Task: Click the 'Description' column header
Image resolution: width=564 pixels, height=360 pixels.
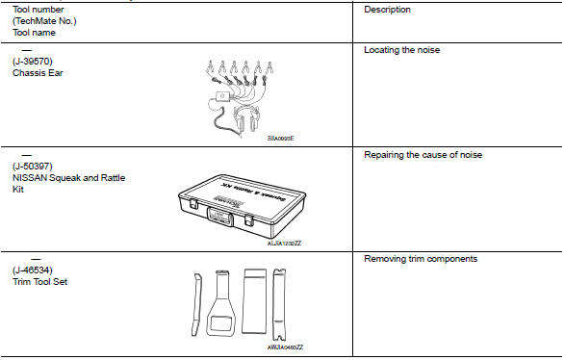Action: (387, 10)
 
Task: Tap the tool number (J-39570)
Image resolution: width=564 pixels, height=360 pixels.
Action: (34, 61)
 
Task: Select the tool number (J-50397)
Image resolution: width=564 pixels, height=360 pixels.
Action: (34, 166)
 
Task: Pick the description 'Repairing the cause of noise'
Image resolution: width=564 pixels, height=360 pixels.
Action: (423, 154)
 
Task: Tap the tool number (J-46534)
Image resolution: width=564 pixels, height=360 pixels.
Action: (34, 271)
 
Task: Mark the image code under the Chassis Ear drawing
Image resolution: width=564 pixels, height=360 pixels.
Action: (280, 139)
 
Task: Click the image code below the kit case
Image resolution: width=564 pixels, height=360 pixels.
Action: (285, 244)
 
